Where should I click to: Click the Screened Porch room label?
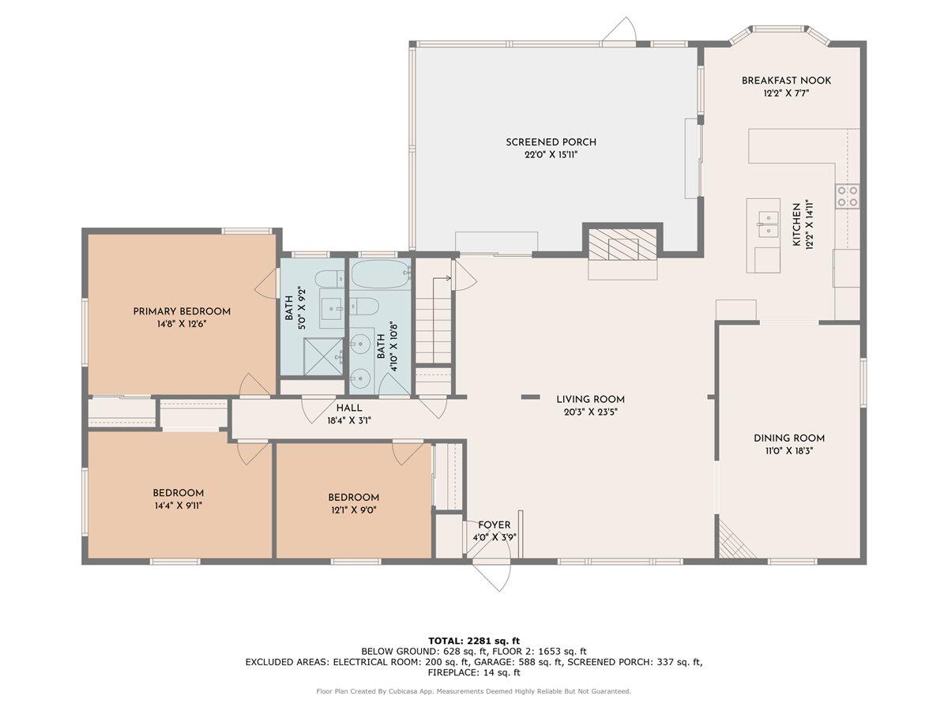coord(551,142)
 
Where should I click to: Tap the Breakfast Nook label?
coord(786,81)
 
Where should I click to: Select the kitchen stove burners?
coord(847,197)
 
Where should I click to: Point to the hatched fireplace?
coord(623,244)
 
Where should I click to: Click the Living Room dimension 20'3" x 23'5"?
coord(590,412)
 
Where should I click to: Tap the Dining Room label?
coord(788,438)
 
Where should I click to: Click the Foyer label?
coord(494,525)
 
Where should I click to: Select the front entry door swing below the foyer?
coord(492,575)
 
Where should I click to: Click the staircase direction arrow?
coord(442,278)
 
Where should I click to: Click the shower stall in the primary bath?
coord(323,357)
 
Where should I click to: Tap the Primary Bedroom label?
coord(182,312)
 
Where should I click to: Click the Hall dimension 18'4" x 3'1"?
coord(349,420)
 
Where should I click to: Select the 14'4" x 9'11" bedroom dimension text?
coord(179,506)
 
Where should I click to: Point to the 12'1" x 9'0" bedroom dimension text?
coord(353,510)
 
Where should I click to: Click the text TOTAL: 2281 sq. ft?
coord(474,641)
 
